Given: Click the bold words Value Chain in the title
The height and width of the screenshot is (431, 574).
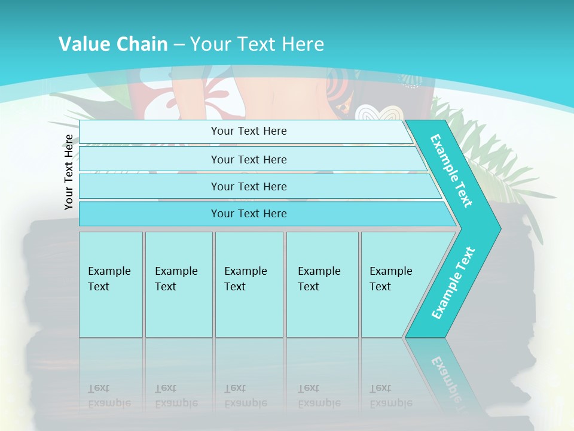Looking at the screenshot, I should click(113, 44).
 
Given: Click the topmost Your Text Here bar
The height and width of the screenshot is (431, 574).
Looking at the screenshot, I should click(248, 131).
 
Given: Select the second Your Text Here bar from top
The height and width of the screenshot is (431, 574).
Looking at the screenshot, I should click(248, 159).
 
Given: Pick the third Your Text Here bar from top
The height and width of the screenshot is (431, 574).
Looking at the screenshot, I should click(248, 186).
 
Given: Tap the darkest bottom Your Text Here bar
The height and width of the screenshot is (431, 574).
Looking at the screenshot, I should click(248, 214).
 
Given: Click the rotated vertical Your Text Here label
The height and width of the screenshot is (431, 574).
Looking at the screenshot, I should click(69, 172).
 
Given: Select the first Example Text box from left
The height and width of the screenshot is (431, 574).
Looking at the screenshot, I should click(111, 284).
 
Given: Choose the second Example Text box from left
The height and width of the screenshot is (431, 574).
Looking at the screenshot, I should click(178, 284).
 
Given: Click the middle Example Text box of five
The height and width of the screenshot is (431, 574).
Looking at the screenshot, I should click(249, 284).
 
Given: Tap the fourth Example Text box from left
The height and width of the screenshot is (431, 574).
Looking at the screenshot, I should click(322, 284).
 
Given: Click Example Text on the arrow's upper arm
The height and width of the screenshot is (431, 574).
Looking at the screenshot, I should click(451, 171).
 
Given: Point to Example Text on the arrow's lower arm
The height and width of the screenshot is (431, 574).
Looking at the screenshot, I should click(453, 283).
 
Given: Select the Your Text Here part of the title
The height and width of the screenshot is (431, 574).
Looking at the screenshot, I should click(257, 44).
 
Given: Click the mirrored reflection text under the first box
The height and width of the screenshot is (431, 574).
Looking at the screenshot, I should click(109, 396).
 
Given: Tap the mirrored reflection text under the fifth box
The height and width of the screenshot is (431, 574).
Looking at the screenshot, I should click(390, 396).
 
